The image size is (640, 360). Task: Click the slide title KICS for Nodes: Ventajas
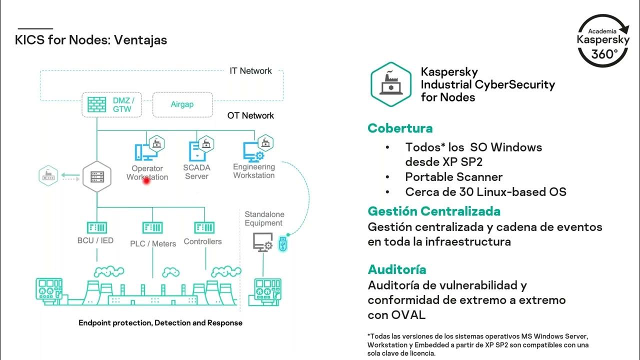coord(91,40)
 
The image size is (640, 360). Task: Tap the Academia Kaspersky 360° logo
coord(604,40)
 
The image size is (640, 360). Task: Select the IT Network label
coord(250,71)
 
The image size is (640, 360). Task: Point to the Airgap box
coord(182,104)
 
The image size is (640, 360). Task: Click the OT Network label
coord(250,115)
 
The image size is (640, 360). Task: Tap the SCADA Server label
coord(196,172)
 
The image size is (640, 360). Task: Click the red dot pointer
coord(146,181)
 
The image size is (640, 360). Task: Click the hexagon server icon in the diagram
coord(96,176)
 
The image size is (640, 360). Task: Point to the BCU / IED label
coord(95,240)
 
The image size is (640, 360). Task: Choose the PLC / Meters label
coord(153,243)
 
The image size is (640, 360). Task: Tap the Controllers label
coord(202,241)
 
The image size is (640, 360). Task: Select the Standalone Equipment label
coord(263,218)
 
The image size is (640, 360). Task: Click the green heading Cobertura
coord(400,128)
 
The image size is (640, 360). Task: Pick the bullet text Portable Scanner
coord(453,177)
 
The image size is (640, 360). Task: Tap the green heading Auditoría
coord(397,270)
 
